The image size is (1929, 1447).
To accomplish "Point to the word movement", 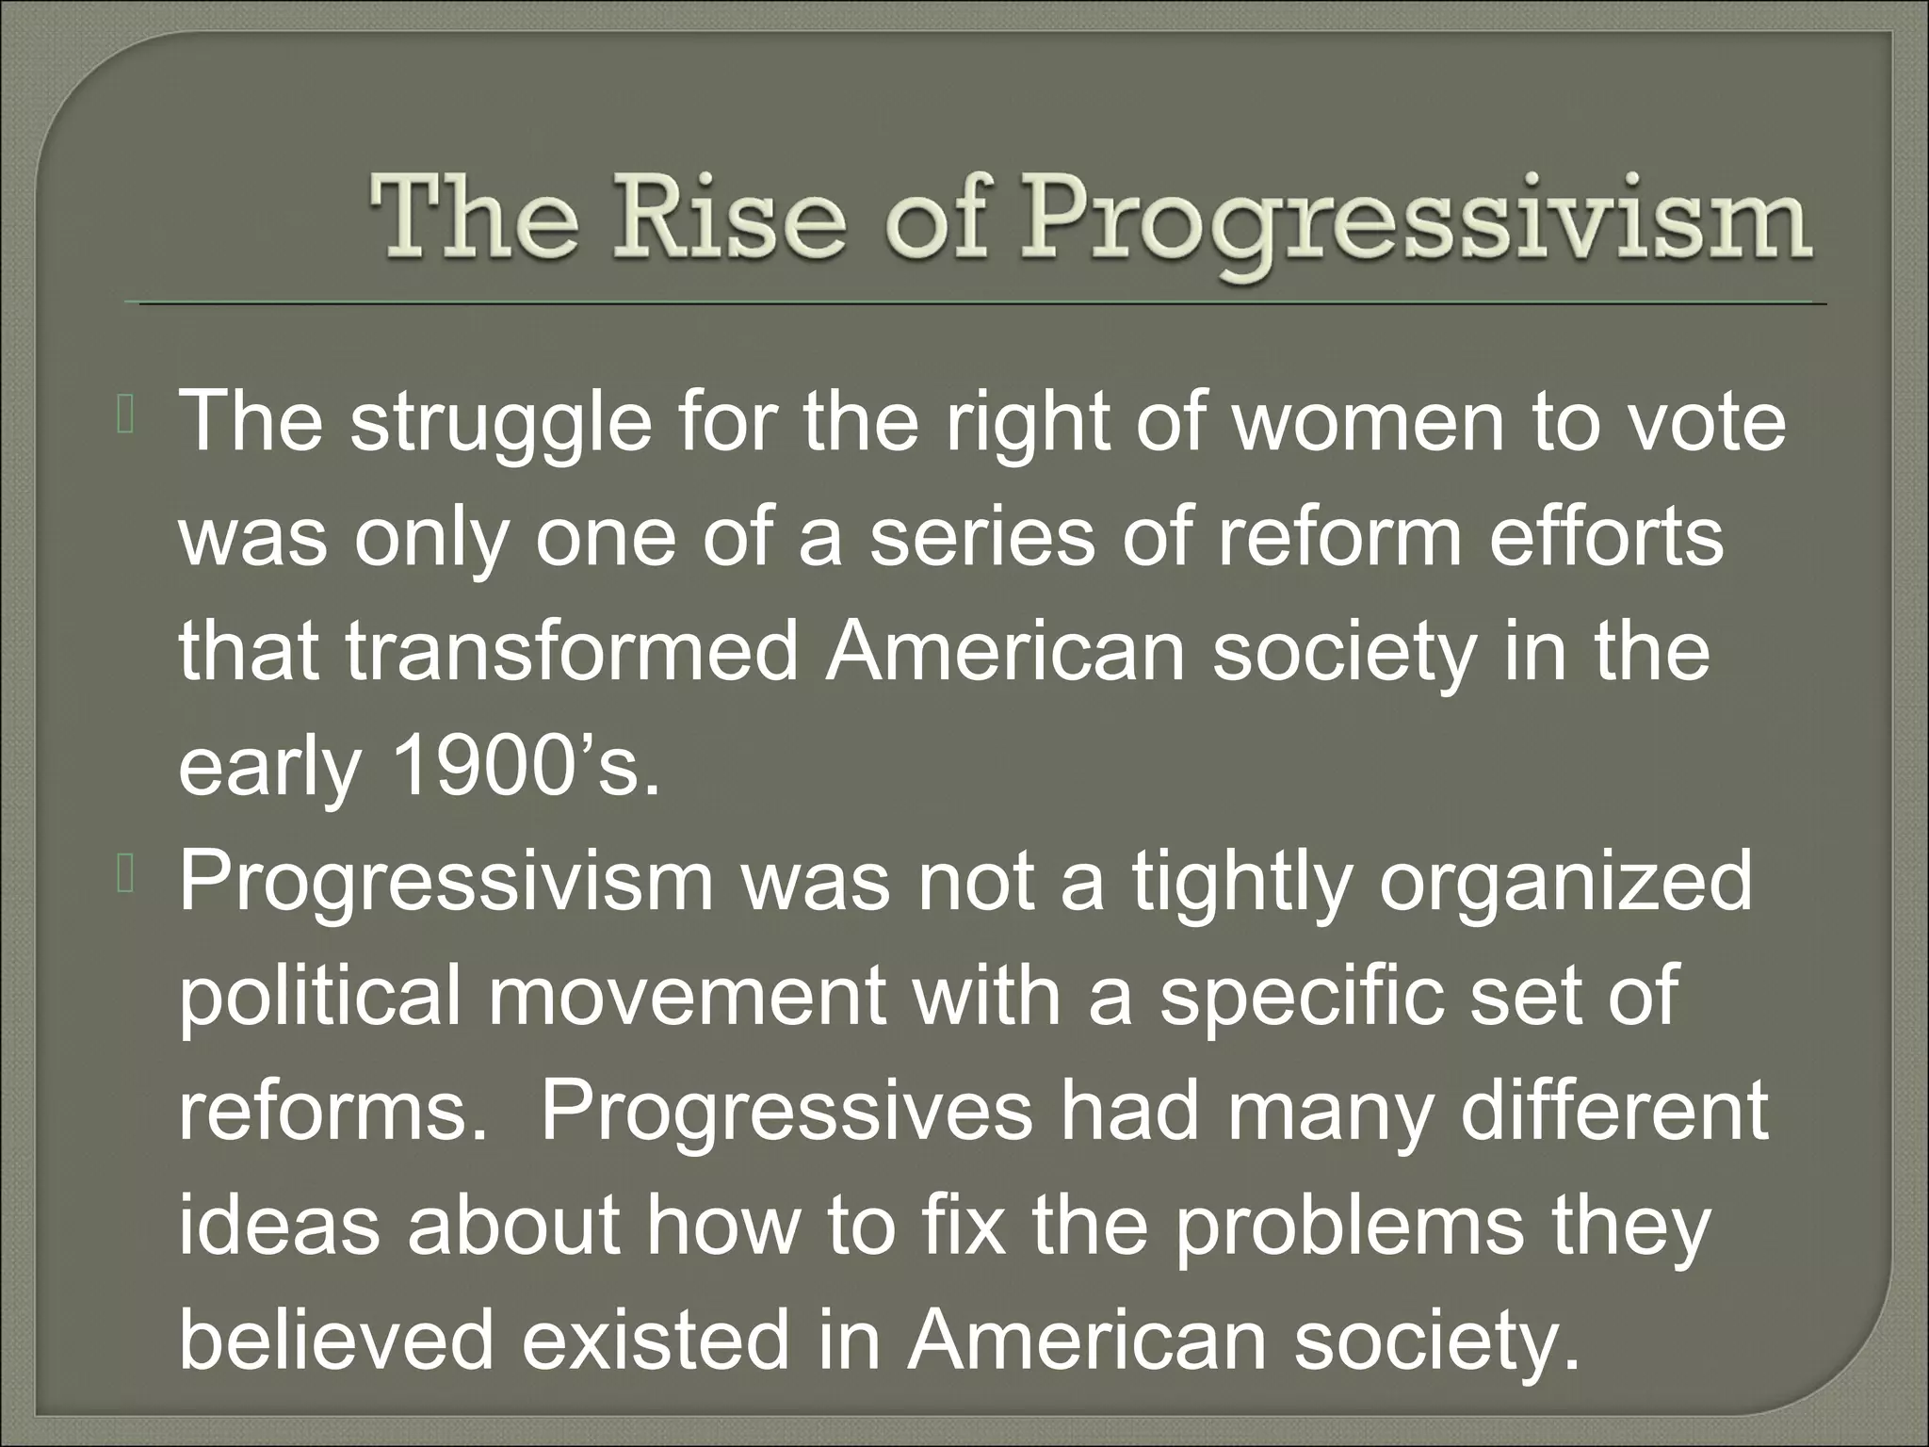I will [687, 999].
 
